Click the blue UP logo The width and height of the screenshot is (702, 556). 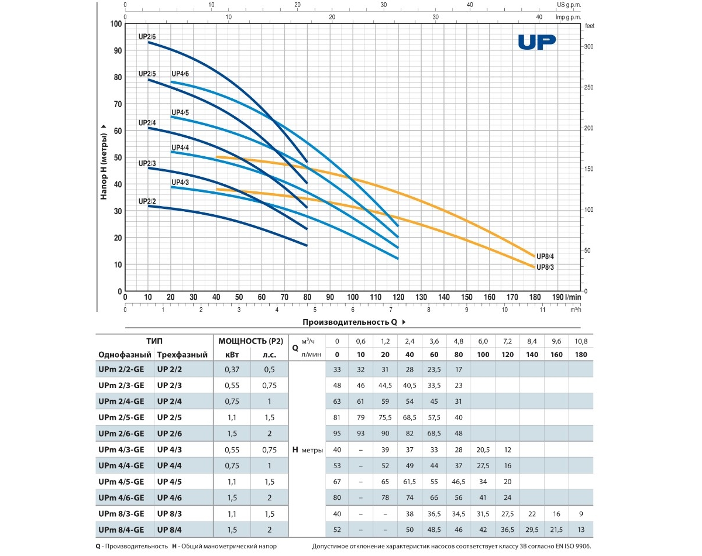pos(536,42)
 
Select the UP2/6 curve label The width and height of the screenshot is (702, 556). pos(147,36)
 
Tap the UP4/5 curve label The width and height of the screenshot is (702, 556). pos(180,112)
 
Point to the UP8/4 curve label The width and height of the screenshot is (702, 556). pos(545,255)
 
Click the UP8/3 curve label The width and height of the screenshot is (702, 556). pos(545,267)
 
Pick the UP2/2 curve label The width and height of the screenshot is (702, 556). pos(147,201)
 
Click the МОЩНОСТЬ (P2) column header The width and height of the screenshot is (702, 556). pos(250,341)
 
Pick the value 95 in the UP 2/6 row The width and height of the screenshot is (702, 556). pos(336,434)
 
